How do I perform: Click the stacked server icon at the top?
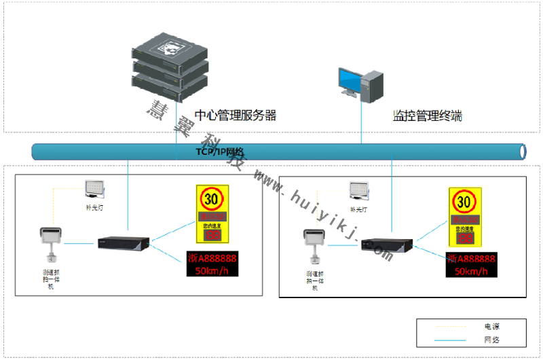[x=169, y=65]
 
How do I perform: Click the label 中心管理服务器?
[x=236, y=115]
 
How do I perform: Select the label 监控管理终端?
[x=428, y=115]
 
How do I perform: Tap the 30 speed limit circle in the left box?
[x=212, y=200]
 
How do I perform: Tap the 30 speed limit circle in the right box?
[x=464, y=202]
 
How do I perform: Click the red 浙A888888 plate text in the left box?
[x=212, y=258]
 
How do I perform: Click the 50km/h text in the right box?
[x=471, y=272]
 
